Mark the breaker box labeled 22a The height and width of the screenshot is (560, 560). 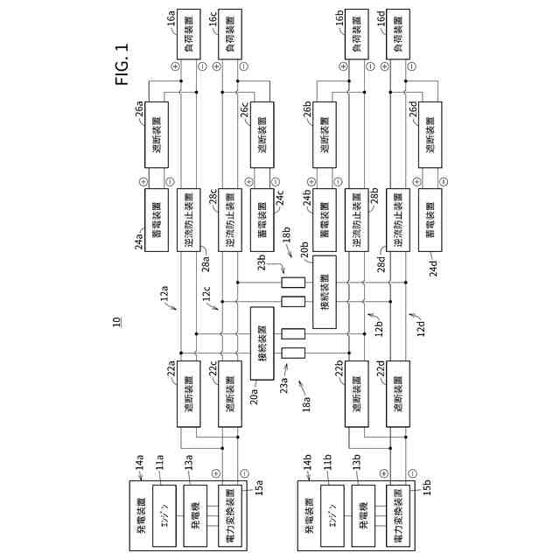coord(190,395)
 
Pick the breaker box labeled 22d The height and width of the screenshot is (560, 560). coord(398,395)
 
